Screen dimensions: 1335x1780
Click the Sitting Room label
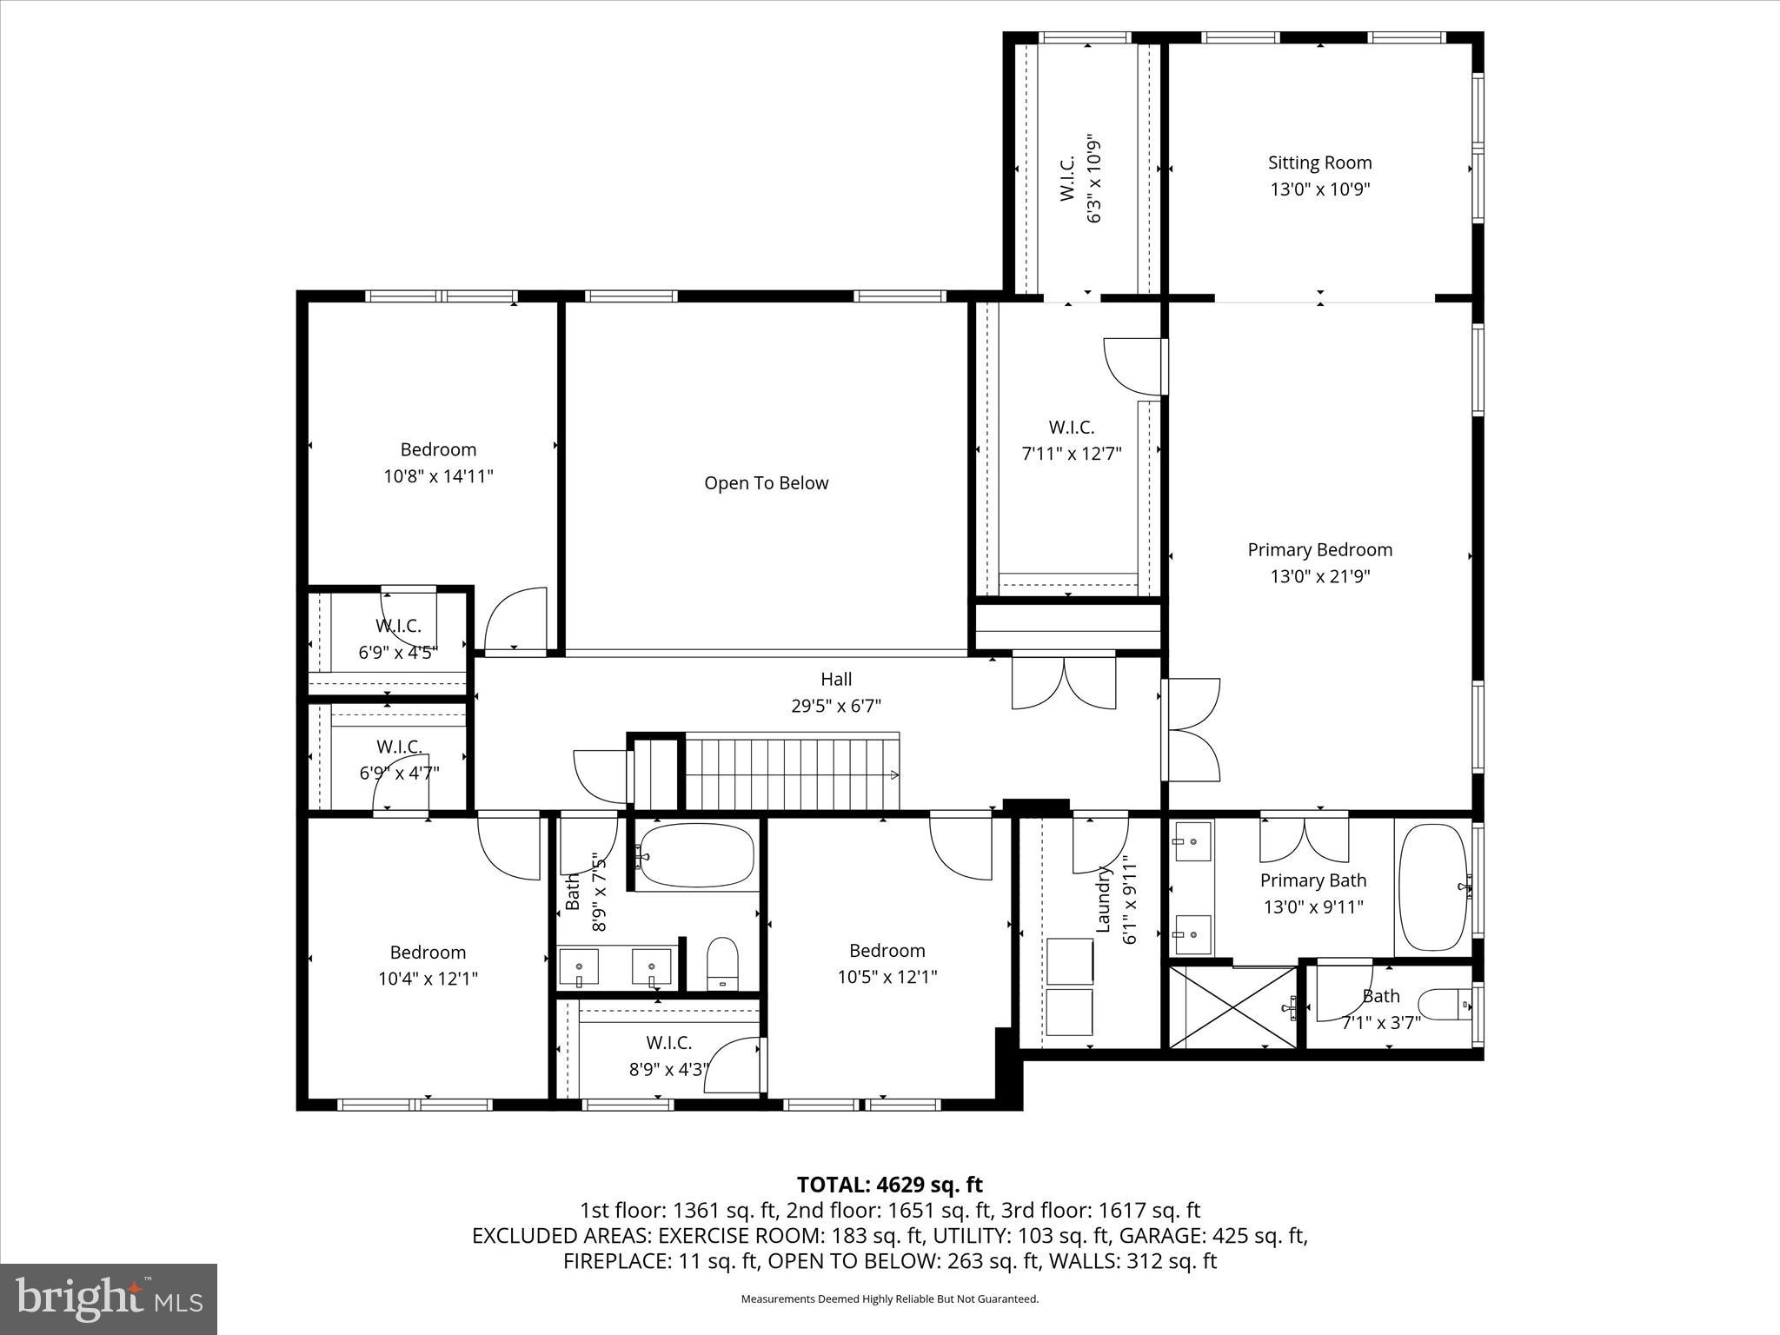(x=1319, y=163)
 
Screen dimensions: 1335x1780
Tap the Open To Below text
(x=766, y=483)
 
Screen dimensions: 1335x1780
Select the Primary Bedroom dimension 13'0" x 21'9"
(x=1319, y=576)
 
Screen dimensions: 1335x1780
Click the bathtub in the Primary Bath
(x=1432, y=887)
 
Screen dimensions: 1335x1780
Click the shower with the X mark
(x=1233, y=1007)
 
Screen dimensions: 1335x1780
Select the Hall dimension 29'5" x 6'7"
(x=836, y=707)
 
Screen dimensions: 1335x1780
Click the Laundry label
(x=1103, y=899)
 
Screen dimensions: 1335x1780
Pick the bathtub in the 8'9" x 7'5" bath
(x=696, y=855)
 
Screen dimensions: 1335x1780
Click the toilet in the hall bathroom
(x=722, y=964)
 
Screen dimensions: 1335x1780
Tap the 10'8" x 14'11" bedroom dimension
(x=438, y=476)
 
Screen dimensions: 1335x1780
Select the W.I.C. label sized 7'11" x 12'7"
(x=1071, y=428)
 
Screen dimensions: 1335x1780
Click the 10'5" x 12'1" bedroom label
(x=887, y=951)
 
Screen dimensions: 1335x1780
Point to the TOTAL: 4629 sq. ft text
(x=889, y=1185)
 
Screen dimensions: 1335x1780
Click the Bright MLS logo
(x=109, y=1299)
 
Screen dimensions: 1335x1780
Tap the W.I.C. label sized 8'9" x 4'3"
(x=668, y=1043)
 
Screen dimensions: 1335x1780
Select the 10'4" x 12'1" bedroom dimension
(x=428, y=979)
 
